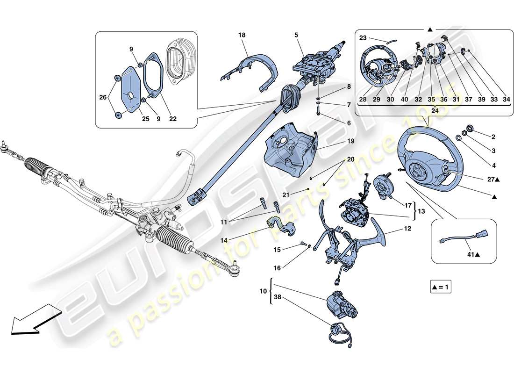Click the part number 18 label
(242, 35)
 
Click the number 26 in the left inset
(103, 98)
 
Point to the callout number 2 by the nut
(493, 137)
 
